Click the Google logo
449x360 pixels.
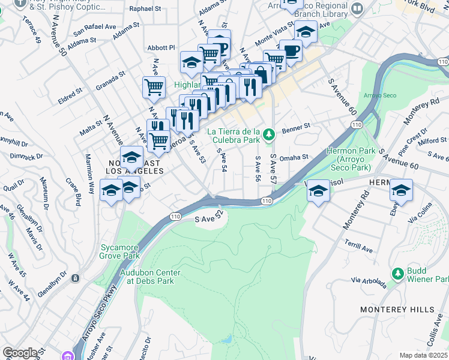click(x=20, y=353)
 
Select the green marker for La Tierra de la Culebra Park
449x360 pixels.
click(x=269, y=132)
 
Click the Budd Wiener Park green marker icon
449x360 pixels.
click(x=397, y=274)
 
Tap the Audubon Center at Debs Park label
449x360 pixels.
click(x=150, y=277)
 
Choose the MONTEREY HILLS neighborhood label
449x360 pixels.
click(x=397, y=309)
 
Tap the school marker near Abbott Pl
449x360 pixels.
click(x=191, y=62)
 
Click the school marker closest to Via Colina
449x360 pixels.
click(x=400, y=190)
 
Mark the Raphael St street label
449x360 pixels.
click(x=149, y=10)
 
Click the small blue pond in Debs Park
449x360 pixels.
click(x=227, y=340)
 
